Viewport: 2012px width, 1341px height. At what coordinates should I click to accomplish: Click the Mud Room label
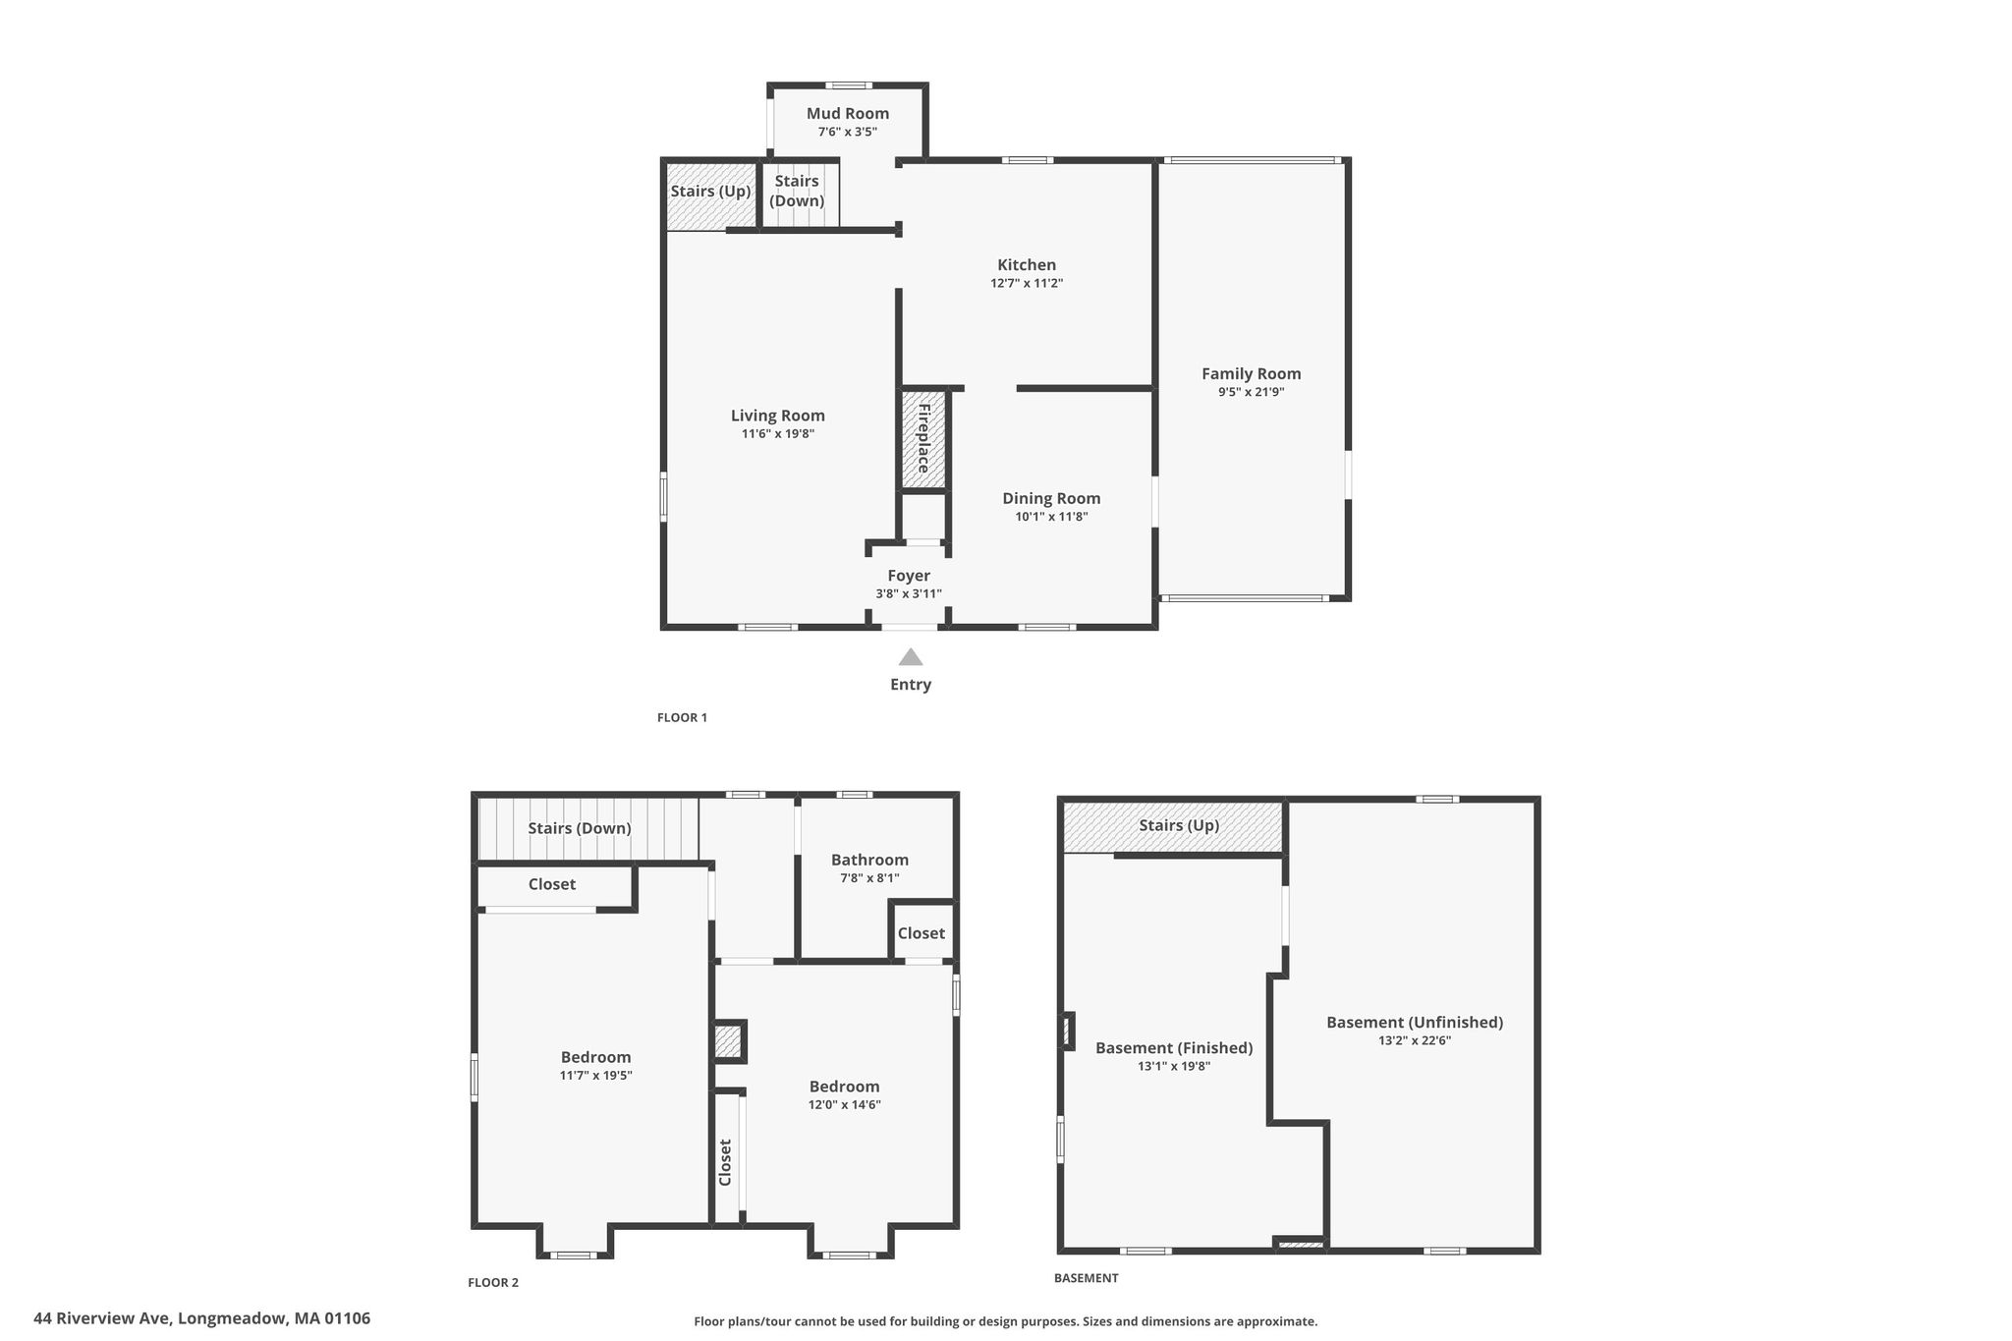(848, 114)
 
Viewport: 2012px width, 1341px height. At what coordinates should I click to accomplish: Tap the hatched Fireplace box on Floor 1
(924, 439)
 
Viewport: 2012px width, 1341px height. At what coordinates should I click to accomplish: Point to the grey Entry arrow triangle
(911, 657)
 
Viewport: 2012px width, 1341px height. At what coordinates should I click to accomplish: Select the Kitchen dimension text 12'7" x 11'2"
(1027, 284)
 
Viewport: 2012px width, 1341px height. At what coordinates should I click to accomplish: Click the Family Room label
(1251, 374)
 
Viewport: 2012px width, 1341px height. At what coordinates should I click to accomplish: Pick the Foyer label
(909, 576)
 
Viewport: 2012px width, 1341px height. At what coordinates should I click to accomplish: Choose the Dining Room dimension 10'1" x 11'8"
(1051, 517)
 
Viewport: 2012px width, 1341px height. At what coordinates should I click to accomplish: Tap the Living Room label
(778, 416)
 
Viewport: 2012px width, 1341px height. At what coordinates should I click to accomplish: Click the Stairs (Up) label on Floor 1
(710, 192)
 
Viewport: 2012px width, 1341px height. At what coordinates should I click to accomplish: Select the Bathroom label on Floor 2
(869, 861)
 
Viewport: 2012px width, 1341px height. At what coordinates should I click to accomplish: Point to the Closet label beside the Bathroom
(922, 933)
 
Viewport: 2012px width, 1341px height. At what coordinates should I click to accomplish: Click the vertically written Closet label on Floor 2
(726, 1162)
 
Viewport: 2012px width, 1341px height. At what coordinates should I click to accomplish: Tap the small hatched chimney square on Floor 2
(728, 1041)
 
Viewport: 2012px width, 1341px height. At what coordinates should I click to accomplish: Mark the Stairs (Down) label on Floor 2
(580, 828)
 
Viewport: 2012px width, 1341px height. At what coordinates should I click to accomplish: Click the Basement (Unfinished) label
(1415, 1023)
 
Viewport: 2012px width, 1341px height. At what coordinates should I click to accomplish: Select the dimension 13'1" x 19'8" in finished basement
(1174, 1066)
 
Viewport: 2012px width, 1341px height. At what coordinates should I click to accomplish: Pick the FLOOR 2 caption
(493, 1282)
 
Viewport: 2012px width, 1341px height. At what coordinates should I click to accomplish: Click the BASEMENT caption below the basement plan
(1087, 1278)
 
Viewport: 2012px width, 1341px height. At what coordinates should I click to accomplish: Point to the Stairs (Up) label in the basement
(1179, 825)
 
